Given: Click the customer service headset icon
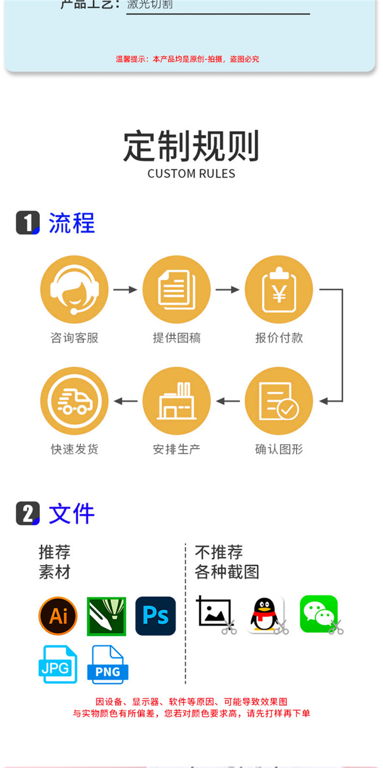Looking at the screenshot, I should [75, 290].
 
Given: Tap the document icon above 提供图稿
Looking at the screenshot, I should [177, 290].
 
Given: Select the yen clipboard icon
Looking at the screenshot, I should [279, 290].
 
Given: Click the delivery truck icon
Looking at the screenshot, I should [75, 401].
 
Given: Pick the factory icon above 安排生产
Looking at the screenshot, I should [177, 401].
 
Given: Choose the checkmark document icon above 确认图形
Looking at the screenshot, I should [279, 401].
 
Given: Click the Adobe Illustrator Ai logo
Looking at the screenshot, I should [58, 616].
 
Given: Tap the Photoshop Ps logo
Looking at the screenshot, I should [155, 616].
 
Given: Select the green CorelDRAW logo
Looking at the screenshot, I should [106, 616].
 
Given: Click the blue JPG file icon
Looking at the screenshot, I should [58, 664].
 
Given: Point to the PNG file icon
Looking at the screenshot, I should [107, 664].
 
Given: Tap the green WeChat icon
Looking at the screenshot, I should [319, 614].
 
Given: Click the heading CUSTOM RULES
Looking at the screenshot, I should [192, 174].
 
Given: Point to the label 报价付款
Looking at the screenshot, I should [279, 338].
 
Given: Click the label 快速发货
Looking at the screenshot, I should [75, 449].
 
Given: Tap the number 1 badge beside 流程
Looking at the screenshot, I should [28, 223].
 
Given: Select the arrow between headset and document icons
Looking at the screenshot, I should [125, 290].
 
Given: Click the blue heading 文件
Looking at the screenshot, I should [71, 514].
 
